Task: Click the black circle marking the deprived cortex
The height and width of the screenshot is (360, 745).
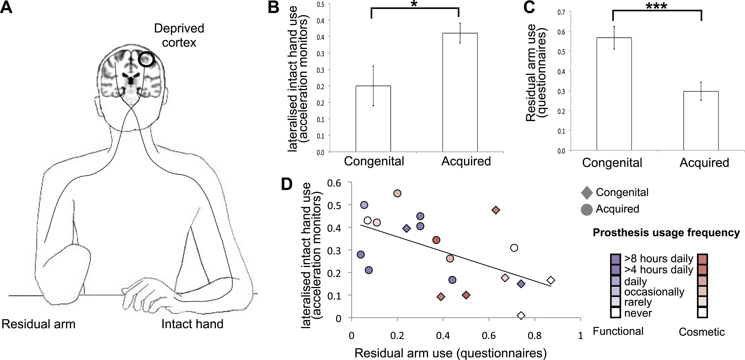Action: click(146, 59)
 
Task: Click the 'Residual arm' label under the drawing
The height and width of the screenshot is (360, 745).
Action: click(38, 324)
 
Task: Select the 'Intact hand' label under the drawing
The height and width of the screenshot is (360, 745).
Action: click(192, 324)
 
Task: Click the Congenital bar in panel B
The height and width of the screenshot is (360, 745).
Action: click(373, 119)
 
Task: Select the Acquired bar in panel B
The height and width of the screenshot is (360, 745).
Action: click(460, 92)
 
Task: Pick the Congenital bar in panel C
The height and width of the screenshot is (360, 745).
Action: click(614, 94)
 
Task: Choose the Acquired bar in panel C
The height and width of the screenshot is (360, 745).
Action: click(701, 121)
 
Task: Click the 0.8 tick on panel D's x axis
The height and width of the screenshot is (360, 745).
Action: click(534, 336)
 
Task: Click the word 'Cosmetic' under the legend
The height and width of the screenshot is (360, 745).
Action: click(702, 332)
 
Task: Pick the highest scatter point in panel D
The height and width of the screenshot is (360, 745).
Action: click(397, 193)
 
